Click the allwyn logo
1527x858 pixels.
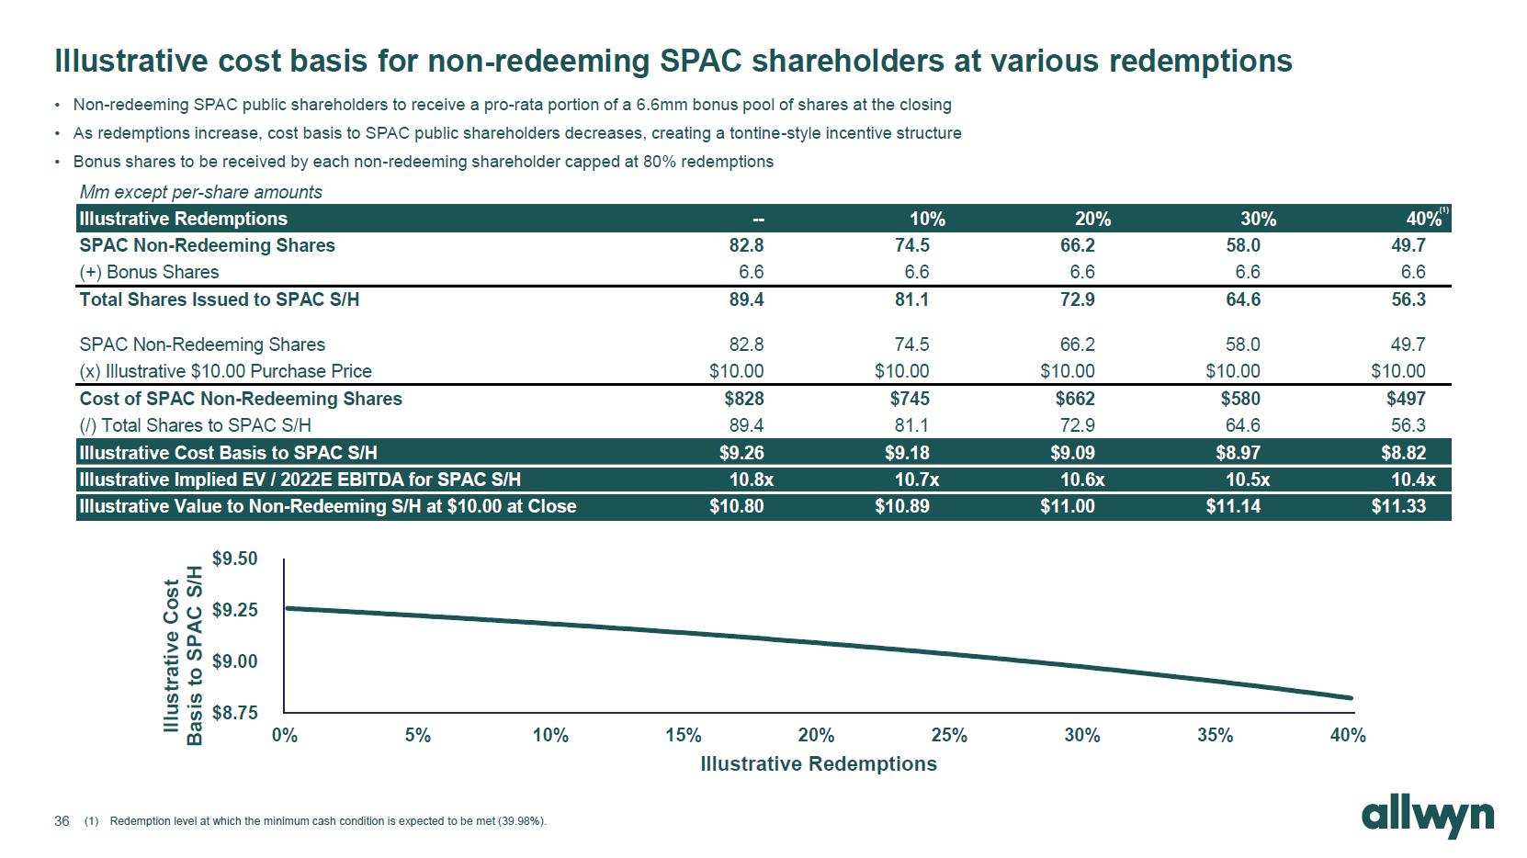point(1427,817)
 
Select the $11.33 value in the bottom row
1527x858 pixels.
point(1397,506)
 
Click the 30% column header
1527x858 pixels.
point(1257,219)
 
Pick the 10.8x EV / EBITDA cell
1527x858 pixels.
point(751,480)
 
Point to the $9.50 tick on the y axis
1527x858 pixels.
point(235,559)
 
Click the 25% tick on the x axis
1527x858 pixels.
point(948,735)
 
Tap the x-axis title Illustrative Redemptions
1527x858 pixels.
point(818,764)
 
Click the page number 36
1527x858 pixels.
point(62,821)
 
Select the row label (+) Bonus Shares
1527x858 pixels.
point(149,272)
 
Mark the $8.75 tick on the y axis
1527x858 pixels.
point(235,713)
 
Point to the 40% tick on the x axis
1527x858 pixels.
point(1347,735)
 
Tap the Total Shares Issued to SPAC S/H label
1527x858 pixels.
point(219,299)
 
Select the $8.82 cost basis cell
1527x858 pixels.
point(1403,453)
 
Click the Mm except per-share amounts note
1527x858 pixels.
point(200,192)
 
